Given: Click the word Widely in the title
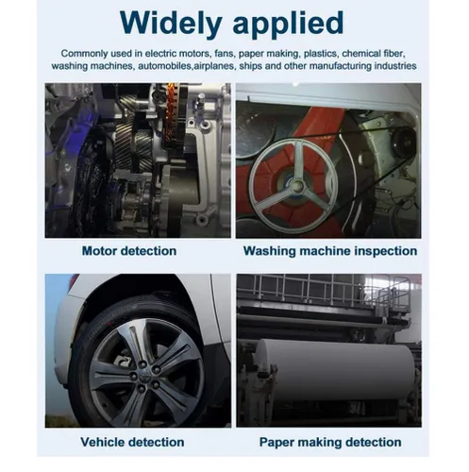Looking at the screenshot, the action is [171, 24].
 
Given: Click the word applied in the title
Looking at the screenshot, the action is [289, 24].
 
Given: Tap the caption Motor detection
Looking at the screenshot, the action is [129, 251].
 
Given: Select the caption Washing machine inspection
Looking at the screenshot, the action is [330, 251].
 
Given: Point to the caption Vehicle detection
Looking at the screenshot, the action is [132, 442].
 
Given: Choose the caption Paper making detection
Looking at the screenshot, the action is [330, 443].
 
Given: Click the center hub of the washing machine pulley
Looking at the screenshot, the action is [296, 186].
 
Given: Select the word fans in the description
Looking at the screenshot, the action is [225, 54].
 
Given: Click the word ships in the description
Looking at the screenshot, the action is [249, 66].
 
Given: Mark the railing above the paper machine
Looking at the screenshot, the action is [324, 290].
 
